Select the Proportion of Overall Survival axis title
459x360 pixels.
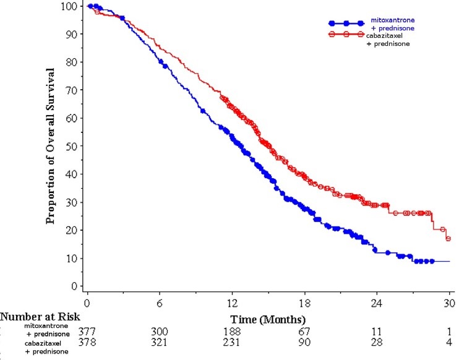tap(50, 146)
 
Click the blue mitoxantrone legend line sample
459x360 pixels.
tap(346, 23)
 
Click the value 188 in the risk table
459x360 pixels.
tap(232, 332)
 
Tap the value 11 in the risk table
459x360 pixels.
tap(376, 332)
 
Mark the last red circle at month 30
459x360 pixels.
tap(448, 238)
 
